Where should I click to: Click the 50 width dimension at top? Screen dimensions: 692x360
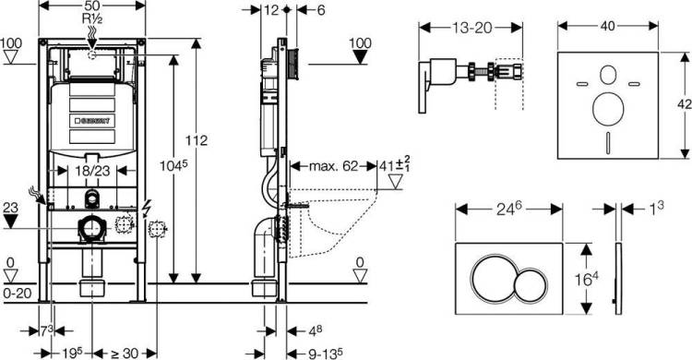pyautogui.click(x=92, y=6)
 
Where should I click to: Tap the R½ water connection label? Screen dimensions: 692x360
pyautogui.click(x=92, y=18)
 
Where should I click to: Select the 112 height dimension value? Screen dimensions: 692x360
pyautogui.click(x=196, y=140)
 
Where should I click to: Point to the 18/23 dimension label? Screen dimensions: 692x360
pyautogui.click(x=92, y=171)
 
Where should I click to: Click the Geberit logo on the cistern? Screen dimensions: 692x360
pyautogui.click(x=92, y=120)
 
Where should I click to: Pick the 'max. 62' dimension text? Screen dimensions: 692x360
pyautogui.click(x=333, y=166)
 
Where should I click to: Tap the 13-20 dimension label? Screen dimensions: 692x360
pyautogui.click(x=471, y=28)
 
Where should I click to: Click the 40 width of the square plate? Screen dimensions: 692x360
pyautogui.click(x=608, y=26)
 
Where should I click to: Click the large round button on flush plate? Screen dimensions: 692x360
pyautogui.click(x=492, y=279)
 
